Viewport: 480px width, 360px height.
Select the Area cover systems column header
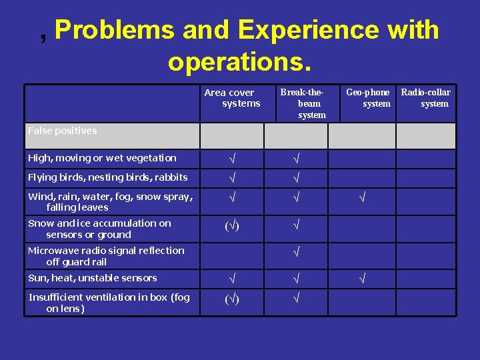pos(232,98)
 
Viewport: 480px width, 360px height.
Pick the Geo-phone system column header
pos(368,98)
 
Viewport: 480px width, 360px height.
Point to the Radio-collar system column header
pos(425,98)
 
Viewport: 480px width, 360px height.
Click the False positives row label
pos(62,131)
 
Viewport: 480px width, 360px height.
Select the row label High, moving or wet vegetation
pos(102,158)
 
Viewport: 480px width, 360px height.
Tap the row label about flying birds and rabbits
pos(107,177)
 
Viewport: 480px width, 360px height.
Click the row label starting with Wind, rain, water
pos(110,201)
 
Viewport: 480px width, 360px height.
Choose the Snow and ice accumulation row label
pos(99,229)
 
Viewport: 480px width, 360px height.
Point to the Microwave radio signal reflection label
pos(105,256)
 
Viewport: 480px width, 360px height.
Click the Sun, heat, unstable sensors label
pos(92,278)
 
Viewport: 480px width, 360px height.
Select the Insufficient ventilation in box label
pos(109,303)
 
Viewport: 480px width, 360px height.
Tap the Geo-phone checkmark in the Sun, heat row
pos(362,278)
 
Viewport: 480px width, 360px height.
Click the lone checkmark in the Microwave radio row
pos(297,252)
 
